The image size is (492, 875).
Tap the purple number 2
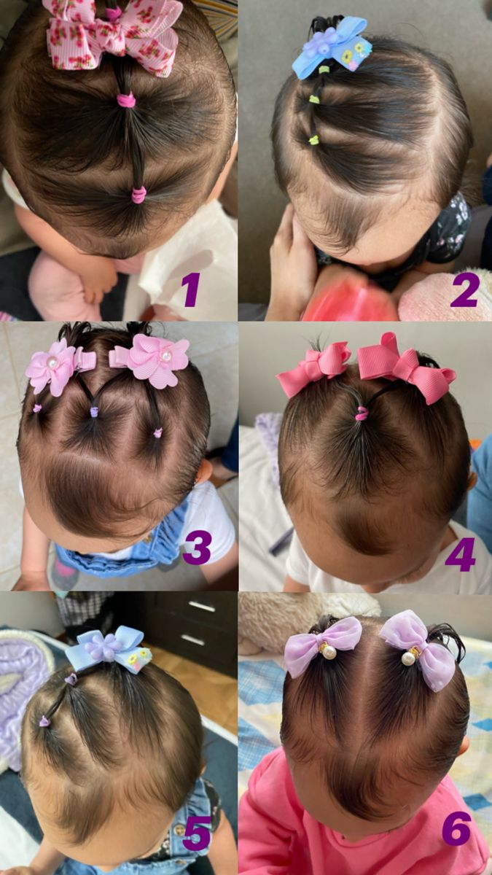point(464,289)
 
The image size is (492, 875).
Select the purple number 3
point(197,548)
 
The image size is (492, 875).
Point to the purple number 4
point(460,556)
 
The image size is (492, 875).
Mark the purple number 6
point(456,829)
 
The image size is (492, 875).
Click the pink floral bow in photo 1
point(113,33)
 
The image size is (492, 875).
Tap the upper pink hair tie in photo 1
point(127,100)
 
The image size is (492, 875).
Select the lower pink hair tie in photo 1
point(138,194)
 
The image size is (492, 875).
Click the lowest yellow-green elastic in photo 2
point(313,139)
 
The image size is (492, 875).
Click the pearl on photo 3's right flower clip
point(166,355)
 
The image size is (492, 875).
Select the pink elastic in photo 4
point(362,414)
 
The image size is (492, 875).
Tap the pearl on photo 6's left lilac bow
point(329,651)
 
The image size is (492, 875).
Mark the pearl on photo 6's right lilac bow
point(410,658)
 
